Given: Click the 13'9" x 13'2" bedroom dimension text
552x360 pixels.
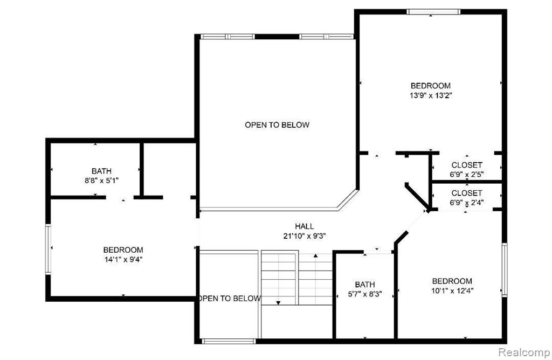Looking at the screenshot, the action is (x=431, y=95).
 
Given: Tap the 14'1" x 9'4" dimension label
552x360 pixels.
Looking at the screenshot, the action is (x=123, y=260).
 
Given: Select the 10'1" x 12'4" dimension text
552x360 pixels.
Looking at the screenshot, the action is (x=452, y=290).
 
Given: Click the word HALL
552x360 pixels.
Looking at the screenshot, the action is (x=305, y=226).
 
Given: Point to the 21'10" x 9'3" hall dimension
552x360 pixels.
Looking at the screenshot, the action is (x=305, y=236).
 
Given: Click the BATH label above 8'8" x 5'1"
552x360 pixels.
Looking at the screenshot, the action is (x=101, y=171).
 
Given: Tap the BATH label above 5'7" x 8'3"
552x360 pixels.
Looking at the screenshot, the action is (x=365, y=285).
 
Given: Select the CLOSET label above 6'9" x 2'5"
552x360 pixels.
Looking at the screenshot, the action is (x=467, y=165).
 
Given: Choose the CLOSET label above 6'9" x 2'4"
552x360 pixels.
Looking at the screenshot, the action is (x=467, y=193).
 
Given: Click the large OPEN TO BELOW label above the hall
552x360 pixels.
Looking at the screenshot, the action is (x=277, y=125).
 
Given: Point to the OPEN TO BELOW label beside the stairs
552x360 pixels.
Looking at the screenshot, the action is (x=230, y=299).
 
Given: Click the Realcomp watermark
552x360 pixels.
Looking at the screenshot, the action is (x=524, y=352).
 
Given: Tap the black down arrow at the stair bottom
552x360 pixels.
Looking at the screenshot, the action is (x=278, y=303).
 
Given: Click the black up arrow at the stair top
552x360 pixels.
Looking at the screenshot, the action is (x=315, y=255).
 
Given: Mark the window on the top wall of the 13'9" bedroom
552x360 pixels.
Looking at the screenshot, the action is (x=433, y=12).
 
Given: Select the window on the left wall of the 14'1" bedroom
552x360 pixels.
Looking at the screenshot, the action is (x=48, y=249).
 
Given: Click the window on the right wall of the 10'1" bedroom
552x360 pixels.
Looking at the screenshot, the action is (x=505, y=269).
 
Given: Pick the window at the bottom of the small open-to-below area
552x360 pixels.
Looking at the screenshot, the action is (x=229, y=341).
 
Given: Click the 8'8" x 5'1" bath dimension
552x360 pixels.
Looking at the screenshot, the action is (x=101, y=181).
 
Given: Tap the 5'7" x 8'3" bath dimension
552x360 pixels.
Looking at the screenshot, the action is (x=365, y=294).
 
